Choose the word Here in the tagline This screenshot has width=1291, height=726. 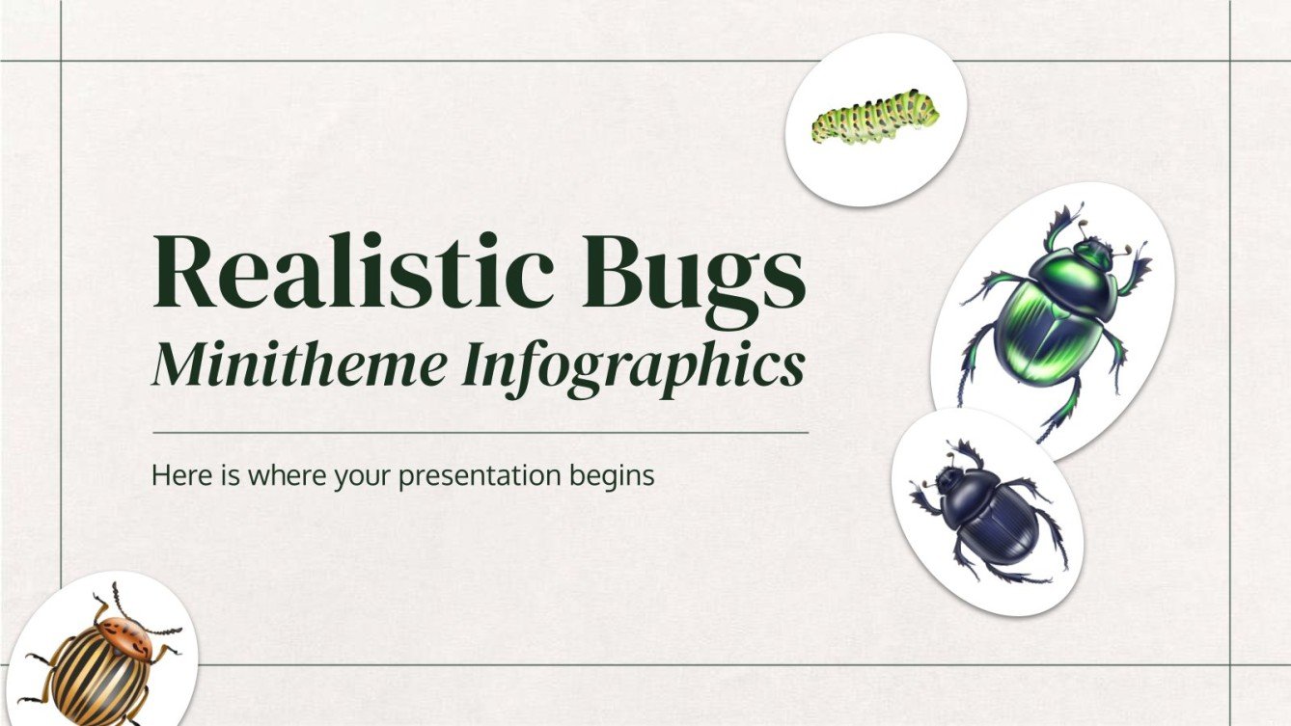tap(175, 475)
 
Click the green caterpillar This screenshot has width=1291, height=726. tap(874, 118)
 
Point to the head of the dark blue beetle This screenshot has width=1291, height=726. tap(949, 479)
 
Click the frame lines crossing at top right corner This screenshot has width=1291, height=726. tap(1230, 61)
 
